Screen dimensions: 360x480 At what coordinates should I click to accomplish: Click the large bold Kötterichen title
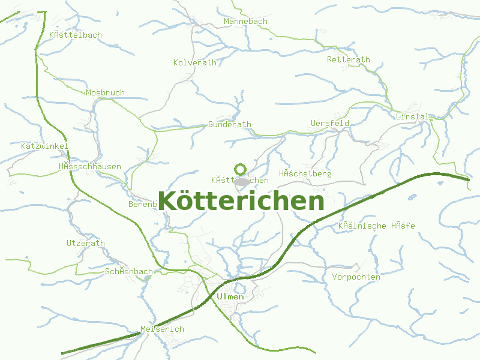pos(241,202)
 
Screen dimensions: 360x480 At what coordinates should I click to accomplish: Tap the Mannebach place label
pos(245,22)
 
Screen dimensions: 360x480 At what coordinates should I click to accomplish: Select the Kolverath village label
pos(195,62)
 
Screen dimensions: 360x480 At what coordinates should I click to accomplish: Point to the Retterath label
pos(348,60)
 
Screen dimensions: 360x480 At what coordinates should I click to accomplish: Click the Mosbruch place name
pos(105,93)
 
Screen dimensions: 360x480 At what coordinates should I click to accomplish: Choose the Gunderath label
pos(230,125)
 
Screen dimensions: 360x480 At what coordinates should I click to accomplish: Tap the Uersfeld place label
pos(330,124)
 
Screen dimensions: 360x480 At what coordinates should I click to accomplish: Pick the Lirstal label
pos(412,116)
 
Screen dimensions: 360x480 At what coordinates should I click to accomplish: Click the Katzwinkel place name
pos(44,146)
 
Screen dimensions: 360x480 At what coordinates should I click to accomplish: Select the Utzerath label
pos(85,244)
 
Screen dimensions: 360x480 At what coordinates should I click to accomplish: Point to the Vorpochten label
pos(356,277)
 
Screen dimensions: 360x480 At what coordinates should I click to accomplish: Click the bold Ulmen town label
pos(230,297)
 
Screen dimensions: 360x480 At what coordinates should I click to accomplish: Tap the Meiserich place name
pos(162,329)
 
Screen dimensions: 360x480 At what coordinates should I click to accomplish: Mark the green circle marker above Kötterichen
pos(241,169)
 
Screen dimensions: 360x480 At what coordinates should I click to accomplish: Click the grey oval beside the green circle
pos(242,181)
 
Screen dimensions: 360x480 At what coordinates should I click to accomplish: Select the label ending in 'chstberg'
pos(305,174)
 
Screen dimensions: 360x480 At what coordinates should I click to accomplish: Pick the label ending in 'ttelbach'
pos(76,35)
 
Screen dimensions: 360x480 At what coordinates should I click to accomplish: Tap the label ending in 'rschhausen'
pos(90,167)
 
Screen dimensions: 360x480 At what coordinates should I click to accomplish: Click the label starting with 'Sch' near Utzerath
pos(128,272)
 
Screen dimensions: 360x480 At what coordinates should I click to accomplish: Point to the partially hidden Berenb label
pos(143,205)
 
